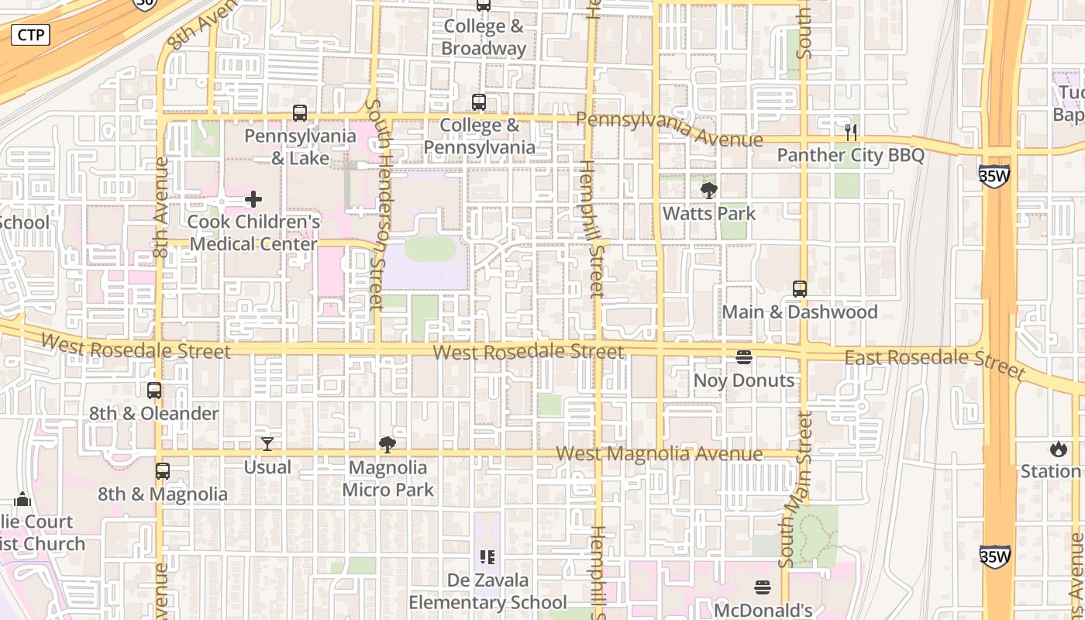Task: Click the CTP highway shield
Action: [x=30, y=35]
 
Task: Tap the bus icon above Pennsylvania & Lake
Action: [x=300, y=113]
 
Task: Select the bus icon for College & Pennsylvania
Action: [x=479, y=102]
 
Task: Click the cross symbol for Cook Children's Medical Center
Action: [x=253, y=200]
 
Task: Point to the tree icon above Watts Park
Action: [x=708, y=191]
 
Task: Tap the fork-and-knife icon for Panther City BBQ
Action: [x=851, y=133]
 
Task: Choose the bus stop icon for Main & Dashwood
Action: [x=800, y=289]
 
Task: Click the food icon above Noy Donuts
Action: [x=744, y=357]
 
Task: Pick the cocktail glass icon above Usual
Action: [x=267, y=444]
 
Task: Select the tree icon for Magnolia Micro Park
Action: [x=387, y=445]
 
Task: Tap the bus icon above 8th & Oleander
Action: [x=154, y=391]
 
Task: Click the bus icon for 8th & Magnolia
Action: [x=162, y=471]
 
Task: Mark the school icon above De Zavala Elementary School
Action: [x=487, y=556]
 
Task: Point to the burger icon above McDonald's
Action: [x=763, y=587]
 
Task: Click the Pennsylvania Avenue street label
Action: [x=670, y=129]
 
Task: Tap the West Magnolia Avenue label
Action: [x=660, y=454]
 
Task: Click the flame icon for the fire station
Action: [x=1059, y=449]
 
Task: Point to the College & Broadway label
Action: [x=484, y=37]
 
